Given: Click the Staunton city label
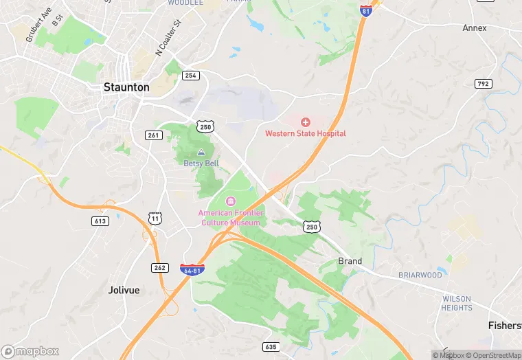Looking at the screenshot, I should [126, 87].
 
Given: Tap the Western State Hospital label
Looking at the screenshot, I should [306, 133].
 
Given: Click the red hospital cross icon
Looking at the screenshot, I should [306, 122].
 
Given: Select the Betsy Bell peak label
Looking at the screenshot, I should [201, 164].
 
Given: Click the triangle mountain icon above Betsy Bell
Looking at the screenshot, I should [201, 153].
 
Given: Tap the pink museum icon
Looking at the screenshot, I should [231, 201].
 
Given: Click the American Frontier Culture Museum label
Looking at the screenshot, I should [231, 218].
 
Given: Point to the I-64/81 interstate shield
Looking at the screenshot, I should [192, 269].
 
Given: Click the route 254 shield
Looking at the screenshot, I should [191, 75].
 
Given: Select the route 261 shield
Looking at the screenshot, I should [152, 135].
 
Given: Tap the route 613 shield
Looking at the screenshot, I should [100, 221].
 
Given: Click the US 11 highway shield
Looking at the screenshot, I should [155, 219].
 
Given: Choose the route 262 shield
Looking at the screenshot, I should [159, 267].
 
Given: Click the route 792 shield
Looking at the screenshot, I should [483, 84].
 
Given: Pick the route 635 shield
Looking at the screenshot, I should [271, 347].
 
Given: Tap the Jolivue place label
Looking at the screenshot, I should [124, 290].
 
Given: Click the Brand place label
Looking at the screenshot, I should [350, 261].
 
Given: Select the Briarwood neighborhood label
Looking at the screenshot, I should [420, 275].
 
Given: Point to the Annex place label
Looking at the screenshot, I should [474, 28].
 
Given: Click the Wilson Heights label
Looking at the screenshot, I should [457, 303].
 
